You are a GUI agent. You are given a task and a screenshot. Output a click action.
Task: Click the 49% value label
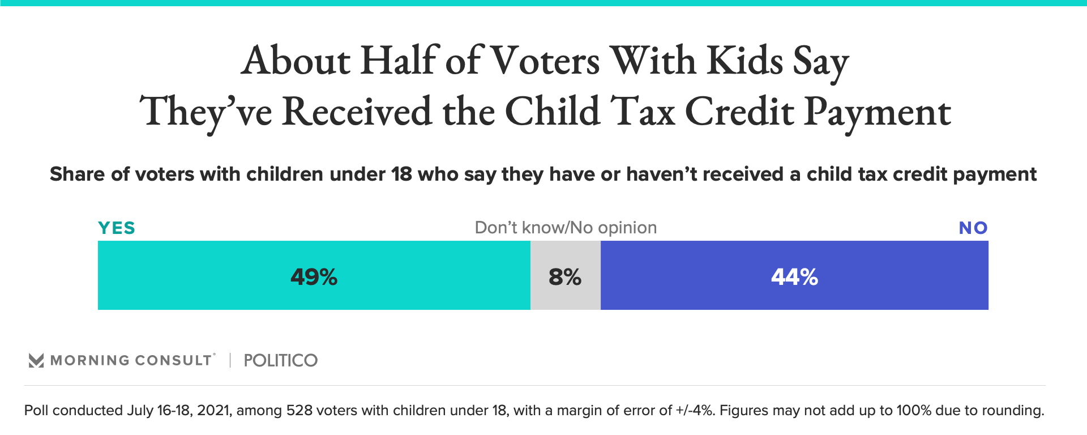pos(314,277)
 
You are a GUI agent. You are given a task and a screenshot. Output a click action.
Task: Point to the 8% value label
pos(565,277)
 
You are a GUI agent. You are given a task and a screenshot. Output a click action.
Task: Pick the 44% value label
pos(794,277)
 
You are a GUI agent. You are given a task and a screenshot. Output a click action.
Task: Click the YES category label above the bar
pos(117,228)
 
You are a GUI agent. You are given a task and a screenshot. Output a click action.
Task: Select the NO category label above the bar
pos(973,228)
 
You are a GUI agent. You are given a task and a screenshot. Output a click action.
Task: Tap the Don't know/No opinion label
pos(566,228)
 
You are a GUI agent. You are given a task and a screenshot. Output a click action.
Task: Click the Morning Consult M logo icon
pos(36,360)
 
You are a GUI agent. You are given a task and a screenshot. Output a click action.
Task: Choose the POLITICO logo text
pos(280,360)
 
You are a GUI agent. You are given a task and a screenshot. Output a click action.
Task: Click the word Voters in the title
pos(545,61)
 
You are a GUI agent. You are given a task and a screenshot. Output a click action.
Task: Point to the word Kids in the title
pos(745,61)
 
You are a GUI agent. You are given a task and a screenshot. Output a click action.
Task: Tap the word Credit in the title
pos(739,112)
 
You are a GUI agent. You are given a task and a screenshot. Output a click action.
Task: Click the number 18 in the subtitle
pos(401,174)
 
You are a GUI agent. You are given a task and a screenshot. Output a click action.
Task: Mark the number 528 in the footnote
pos(299,411)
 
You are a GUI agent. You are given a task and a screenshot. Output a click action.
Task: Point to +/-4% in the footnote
pos(694,411)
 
